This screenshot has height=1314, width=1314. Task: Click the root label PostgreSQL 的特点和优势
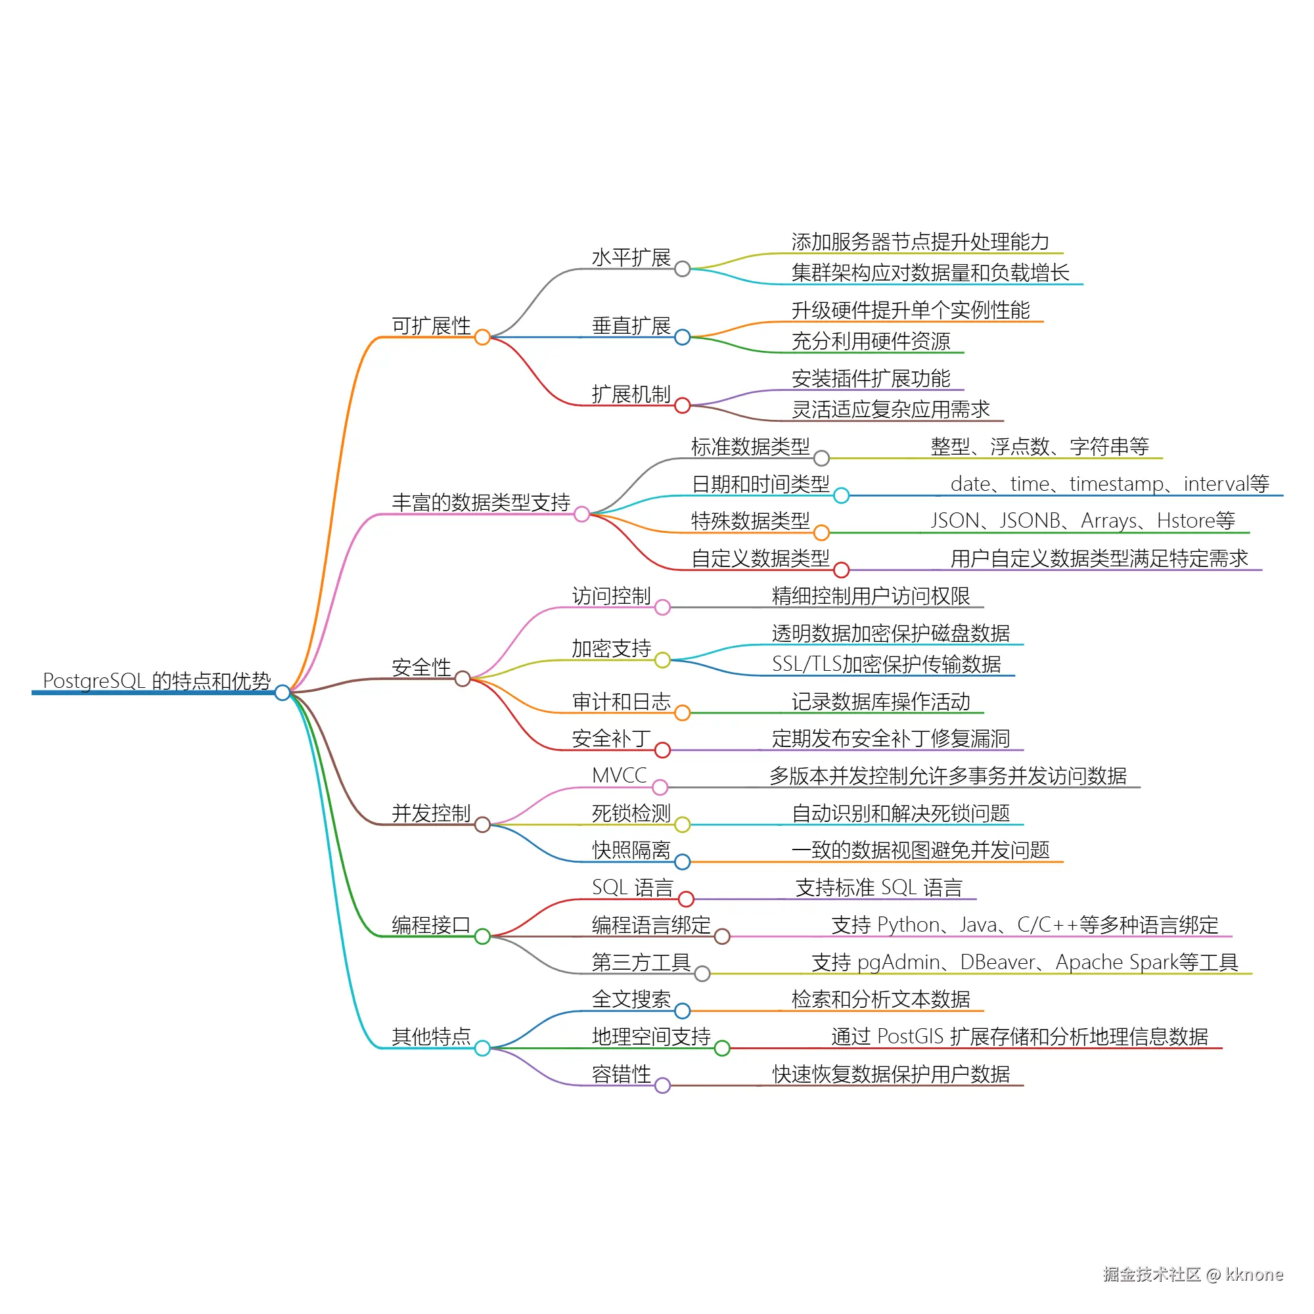click(156, 681)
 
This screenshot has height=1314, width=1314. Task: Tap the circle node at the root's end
click(283, 693)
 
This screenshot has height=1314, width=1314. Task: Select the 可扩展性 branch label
click(430, 326)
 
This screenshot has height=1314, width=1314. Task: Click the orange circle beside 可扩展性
click(482, 337)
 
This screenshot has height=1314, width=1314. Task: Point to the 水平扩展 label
click(631, 258)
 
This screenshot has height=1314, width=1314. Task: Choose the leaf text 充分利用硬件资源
click(871, 342)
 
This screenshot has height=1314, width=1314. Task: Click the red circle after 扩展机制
click(682, 406)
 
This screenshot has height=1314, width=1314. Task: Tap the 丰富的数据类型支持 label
click(481, 503)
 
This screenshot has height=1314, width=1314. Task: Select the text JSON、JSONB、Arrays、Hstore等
click(1082, 521)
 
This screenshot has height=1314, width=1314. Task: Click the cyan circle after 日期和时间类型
click(842, 496)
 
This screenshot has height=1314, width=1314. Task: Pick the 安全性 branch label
click(421, 668)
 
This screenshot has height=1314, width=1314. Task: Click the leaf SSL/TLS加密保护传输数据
click(886, 664)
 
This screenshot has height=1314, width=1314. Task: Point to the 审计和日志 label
click(621, 702)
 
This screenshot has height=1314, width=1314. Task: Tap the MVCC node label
click(619, 775)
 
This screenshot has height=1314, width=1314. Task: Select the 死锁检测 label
click(631, 813)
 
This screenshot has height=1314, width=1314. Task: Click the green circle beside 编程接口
click(482, 936)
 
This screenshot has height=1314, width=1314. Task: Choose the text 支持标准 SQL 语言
click(878, 888)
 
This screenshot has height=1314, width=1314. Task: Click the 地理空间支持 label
click(651, 1037)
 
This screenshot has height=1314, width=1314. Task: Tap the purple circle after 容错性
click(662, 1086)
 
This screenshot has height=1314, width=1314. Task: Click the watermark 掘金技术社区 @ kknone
click(1193, 1275)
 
